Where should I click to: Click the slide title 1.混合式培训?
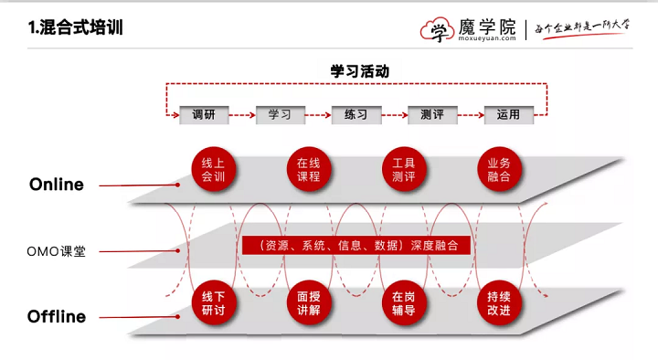pos(76,27)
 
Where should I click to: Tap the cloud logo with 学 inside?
pos(437,30)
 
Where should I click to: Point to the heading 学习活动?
pos(360,71)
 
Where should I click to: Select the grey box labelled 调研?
pos(204,115)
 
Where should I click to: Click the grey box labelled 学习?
pos(280,115)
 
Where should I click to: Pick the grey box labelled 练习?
pos(356,115)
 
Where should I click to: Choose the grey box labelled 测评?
pos(432,115)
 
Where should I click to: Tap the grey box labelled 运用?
pos(509,115)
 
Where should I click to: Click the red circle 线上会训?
pos(213,169)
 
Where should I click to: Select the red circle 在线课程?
pos(309,169)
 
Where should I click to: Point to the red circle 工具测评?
pos(404,169)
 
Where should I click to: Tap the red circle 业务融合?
pos(499,169)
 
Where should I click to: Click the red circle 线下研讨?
pos(213,303)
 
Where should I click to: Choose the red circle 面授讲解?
pos(309,303)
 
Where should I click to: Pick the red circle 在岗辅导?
pos(404,303)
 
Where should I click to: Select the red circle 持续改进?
pos(499,303)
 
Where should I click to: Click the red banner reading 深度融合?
pos(356,246)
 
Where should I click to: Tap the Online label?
pos(57,185)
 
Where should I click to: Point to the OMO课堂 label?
pos(57,251)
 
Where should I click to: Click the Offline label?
pos(57,317)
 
